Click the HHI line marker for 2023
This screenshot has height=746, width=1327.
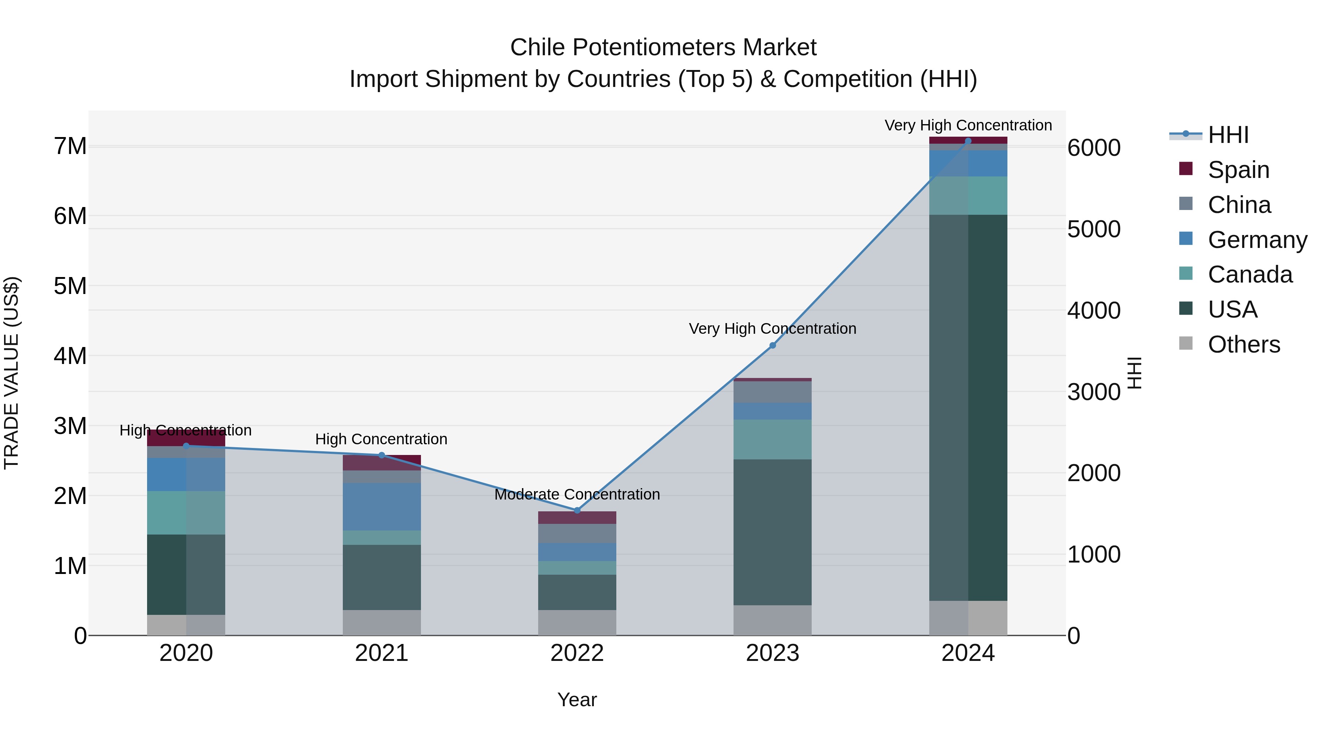point(772,346)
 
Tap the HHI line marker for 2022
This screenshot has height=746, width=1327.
point(577,510)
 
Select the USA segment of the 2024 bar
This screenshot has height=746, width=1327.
point(968,407)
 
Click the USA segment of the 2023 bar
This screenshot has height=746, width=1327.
point(772,532)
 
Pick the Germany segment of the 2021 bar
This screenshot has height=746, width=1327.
point(382,507)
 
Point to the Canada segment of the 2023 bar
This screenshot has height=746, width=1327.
point(772,439)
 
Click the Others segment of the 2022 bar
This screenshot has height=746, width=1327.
point(577,623)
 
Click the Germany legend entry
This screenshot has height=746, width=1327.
point(1257,240)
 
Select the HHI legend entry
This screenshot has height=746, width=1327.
point(1228,135)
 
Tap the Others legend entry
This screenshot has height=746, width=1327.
point(1244,344)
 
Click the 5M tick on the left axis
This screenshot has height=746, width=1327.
point(70,286)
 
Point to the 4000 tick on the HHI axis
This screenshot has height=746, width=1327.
point(1094,311)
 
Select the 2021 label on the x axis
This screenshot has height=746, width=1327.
point(382,653)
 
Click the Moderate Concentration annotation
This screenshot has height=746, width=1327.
point(577,494)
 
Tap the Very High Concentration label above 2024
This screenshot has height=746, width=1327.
point(968,125)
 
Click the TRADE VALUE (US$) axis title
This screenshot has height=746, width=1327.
point(11,373)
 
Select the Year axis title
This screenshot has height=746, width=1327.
point(577,700)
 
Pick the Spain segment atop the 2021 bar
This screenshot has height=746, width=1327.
point(382,463)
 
